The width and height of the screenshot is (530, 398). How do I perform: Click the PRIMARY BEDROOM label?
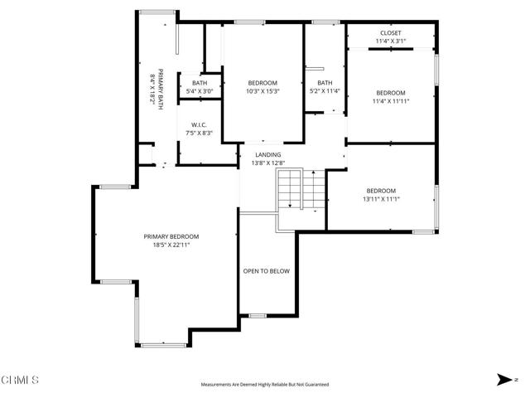pos(171,236)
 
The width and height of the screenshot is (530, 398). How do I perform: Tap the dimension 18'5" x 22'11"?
pos(171,245)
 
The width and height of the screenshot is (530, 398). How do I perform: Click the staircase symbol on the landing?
pos(291,191)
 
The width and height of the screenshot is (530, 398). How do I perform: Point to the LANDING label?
pos(267,154)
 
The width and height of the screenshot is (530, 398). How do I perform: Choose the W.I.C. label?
pos(198,125)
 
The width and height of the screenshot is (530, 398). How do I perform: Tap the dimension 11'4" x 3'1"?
pos(391,41)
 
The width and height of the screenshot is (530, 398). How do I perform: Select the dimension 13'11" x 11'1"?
pos(381,199)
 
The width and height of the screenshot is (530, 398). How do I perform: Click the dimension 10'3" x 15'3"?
pos(263,91)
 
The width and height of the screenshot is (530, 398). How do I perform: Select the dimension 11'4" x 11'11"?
pos(391,101)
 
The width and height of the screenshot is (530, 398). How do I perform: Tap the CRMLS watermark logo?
pos(21,381)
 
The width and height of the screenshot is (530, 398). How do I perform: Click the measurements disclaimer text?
pos(265,385)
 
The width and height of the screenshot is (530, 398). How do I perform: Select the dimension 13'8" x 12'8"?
pos(267,163)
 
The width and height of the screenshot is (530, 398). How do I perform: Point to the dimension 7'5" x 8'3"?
pos(198,133)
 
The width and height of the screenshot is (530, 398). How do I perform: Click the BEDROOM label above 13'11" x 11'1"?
pos(381,190)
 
